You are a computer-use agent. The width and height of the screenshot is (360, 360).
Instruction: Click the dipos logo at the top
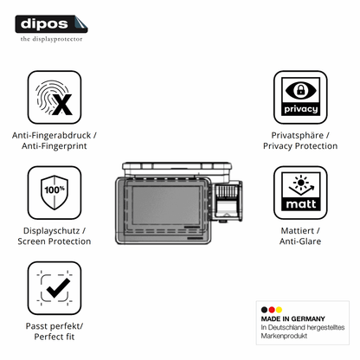[51, 24]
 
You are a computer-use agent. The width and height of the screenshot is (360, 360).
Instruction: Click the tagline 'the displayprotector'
[51, 39]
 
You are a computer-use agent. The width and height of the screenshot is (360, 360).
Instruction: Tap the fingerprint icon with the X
[55, 98]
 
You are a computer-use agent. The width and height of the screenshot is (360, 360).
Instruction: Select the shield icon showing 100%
[55, 192]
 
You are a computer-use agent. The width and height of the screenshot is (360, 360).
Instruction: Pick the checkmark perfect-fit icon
[55, 288]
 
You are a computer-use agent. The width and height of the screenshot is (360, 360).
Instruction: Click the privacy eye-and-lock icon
[300, 98]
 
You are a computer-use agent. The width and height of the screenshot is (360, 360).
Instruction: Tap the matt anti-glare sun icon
[300, 192]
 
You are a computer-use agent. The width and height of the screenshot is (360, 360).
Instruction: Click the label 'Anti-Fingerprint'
[55, 146]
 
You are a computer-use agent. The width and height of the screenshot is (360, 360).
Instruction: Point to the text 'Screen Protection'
[55, 241]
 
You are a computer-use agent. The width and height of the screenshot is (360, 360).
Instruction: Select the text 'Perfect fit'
[55, 337]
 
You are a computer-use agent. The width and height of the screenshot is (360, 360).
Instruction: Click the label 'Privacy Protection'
[300, 146]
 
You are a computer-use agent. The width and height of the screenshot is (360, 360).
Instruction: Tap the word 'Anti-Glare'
[300, 241]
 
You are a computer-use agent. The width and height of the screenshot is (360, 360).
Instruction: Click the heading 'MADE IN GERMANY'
[292, 318]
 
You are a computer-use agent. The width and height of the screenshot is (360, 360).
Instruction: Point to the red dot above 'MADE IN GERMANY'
[272, 310]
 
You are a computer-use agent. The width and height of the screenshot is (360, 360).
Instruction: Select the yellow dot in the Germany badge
[279, 310]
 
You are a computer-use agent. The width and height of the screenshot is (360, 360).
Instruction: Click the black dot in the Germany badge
[264, 310]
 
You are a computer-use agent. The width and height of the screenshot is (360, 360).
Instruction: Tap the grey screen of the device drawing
[166, 205]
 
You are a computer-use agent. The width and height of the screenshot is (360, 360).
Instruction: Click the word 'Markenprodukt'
[284, 336]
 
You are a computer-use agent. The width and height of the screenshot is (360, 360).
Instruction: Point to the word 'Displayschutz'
[51, 231]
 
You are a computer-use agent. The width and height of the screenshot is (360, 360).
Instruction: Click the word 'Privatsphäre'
[298, 135]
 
